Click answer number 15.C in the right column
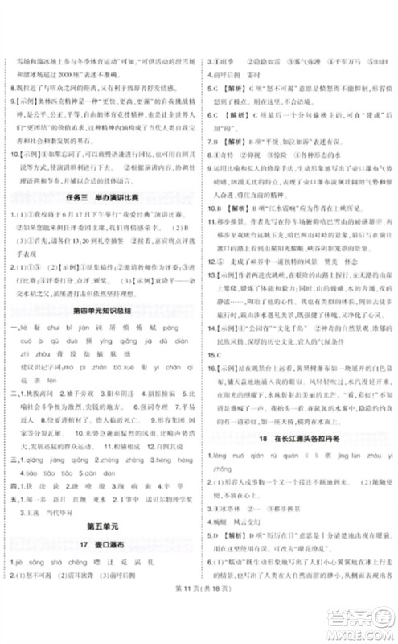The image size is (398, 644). [213, 330]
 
